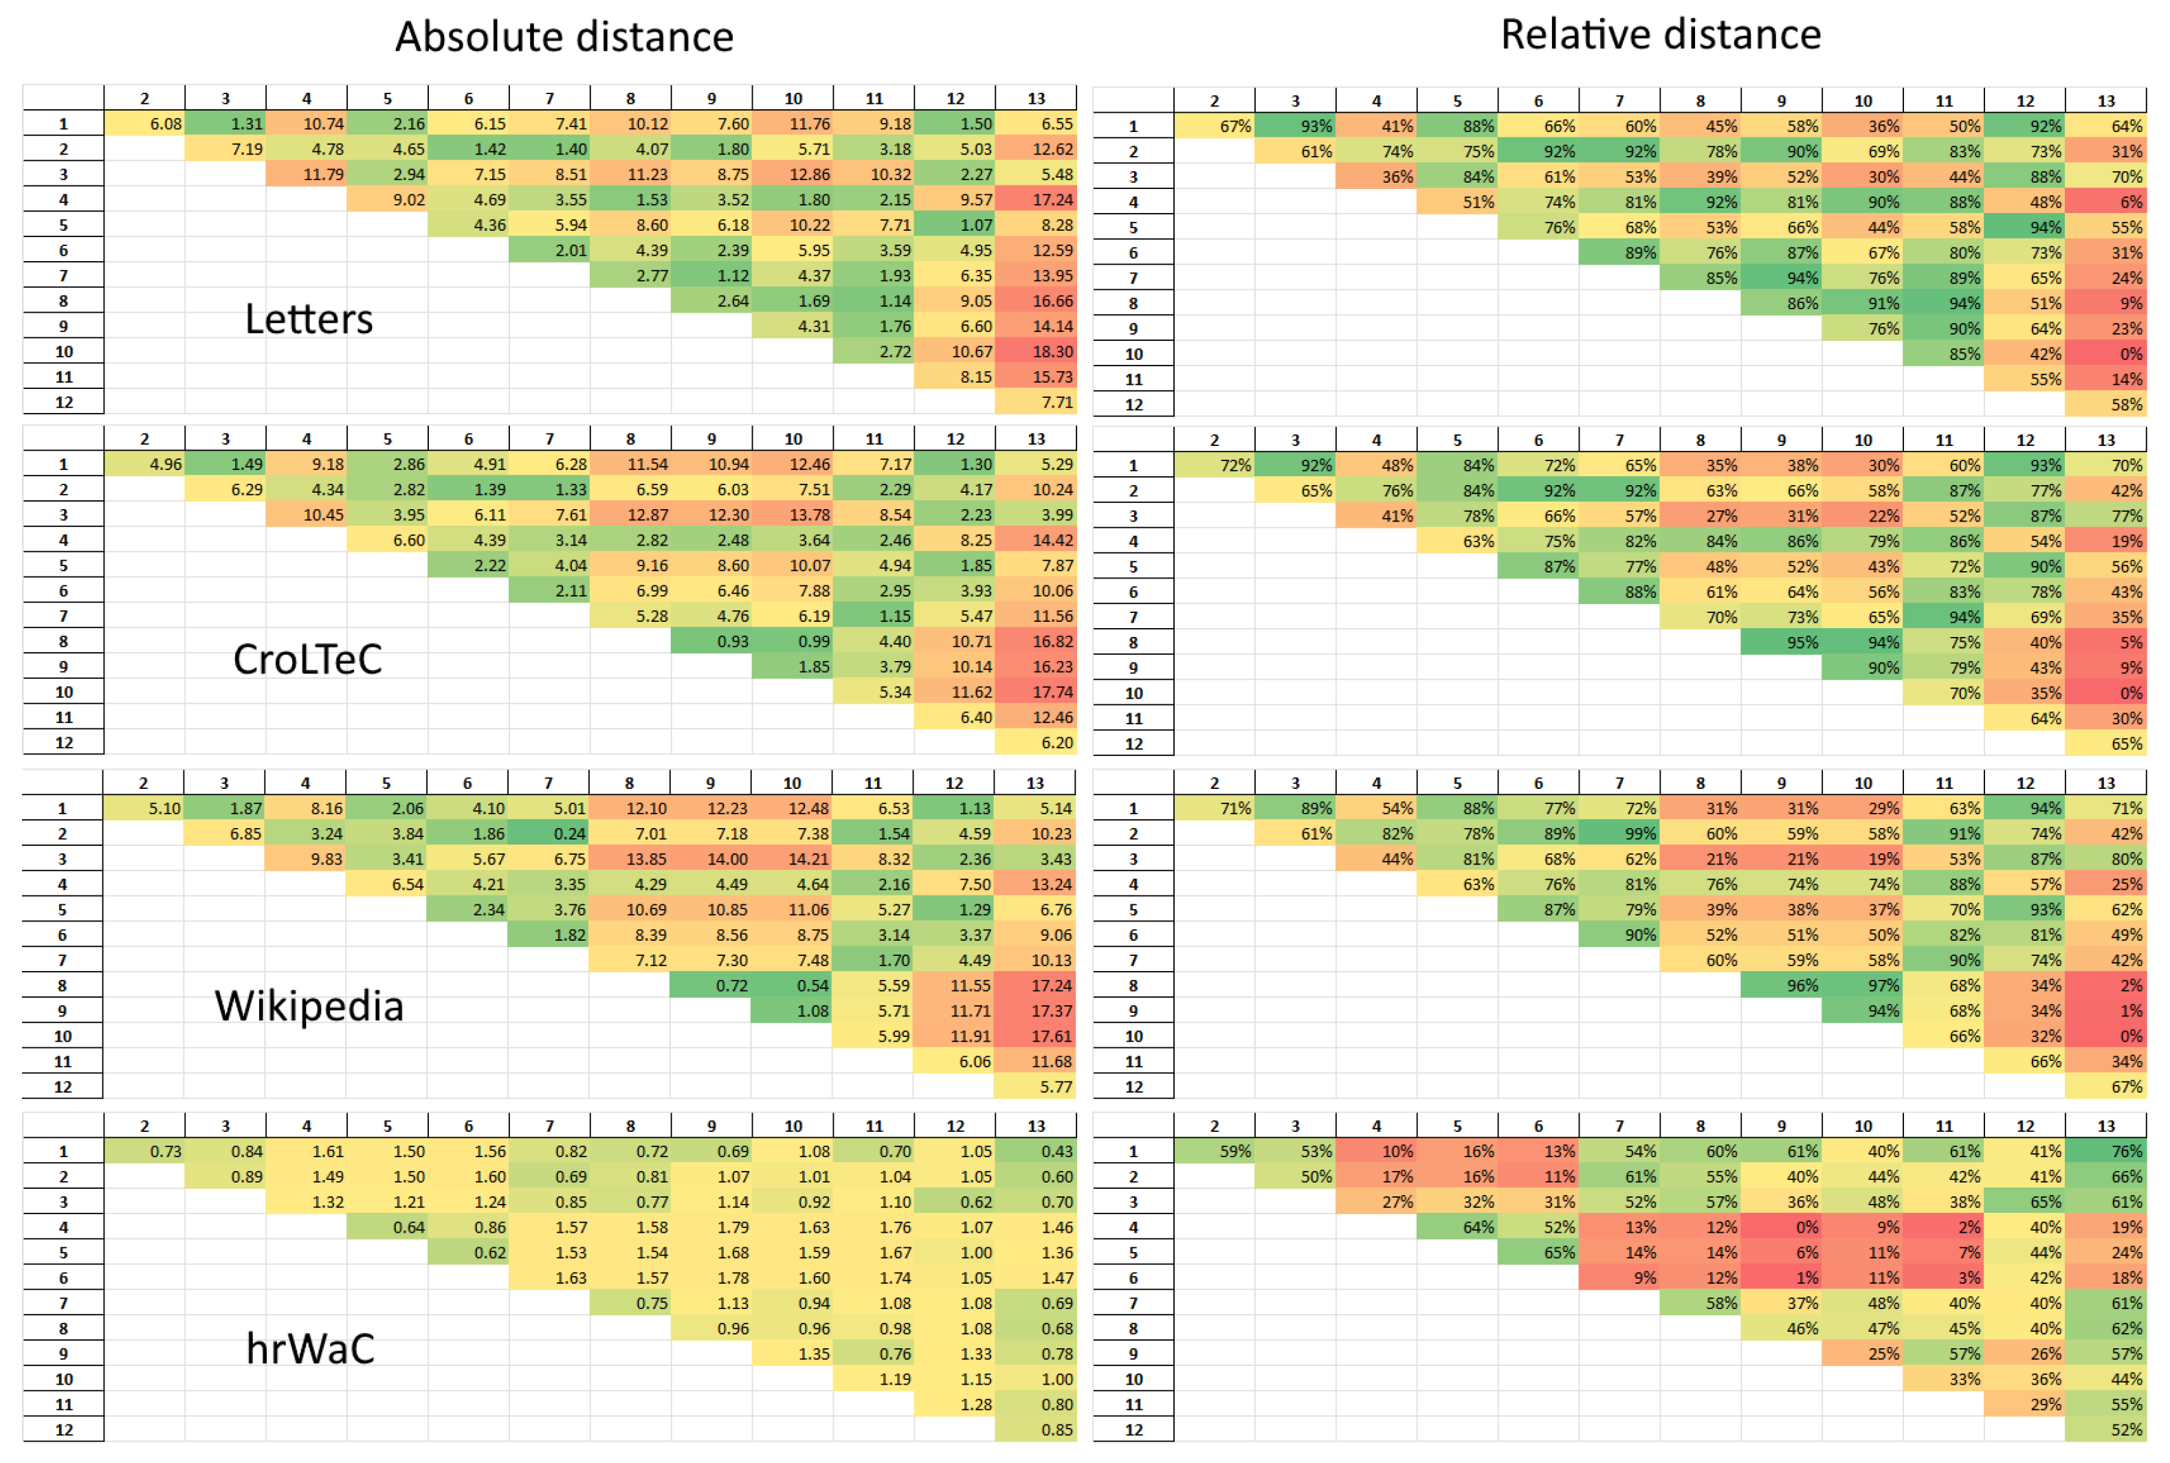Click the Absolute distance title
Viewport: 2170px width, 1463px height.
[564, 36]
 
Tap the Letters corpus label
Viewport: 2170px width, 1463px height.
[309, 319]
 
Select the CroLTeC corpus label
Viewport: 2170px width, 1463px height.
[308, 660]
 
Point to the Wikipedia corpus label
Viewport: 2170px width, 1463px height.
[309, 1006]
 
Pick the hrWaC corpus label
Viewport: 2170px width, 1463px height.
[310, 1348]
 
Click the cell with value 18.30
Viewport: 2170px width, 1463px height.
[1036, 352]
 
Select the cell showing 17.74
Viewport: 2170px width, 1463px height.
[1036, 692]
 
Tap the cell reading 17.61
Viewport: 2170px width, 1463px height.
[1036, 1036]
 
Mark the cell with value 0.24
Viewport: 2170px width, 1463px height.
[549, 833]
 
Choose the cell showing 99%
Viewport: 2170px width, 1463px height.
[1619, 833]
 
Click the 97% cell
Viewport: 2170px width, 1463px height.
[1863, 985]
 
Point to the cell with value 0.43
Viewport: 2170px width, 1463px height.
[1036, 1152]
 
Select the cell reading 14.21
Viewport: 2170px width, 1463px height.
[793, 858]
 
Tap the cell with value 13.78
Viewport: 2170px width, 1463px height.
[793, 514]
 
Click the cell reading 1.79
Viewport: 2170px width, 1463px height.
[711, 1227]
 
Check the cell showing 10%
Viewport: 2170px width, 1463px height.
[1377, 1152]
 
